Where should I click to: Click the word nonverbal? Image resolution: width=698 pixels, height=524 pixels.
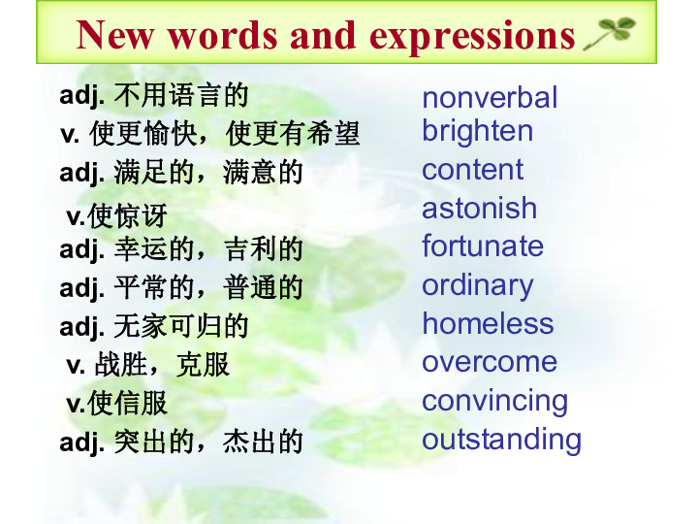pos(490,97)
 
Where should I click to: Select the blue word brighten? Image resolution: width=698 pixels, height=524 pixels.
pos(477,131)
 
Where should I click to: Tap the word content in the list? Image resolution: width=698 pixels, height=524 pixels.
pos(472,170)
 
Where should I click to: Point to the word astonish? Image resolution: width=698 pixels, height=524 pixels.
pos(479,208)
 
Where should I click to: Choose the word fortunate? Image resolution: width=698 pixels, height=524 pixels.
pos(483,246)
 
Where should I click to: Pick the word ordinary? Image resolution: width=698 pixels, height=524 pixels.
pos(477,285)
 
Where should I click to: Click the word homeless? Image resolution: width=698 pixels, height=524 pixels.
pos(488,323)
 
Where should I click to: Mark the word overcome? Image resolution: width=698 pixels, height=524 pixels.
pos(490,362)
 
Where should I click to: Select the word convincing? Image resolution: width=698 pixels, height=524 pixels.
pos(494,401)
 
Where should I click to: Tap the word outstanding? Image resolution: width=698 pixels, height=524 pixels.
pos(501,440)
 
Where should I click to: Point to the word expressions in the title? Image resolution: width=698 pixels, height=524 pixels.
pos(473,36)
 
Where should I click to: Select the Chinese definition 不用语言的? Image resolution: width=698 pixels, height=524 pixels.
pos(181,95)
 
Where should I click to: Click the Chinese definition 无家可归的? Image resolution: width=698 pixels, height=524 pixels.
pos(181,326)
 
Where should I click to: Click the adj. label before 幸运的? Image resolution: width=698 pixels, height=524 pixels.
pos(81,249)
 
